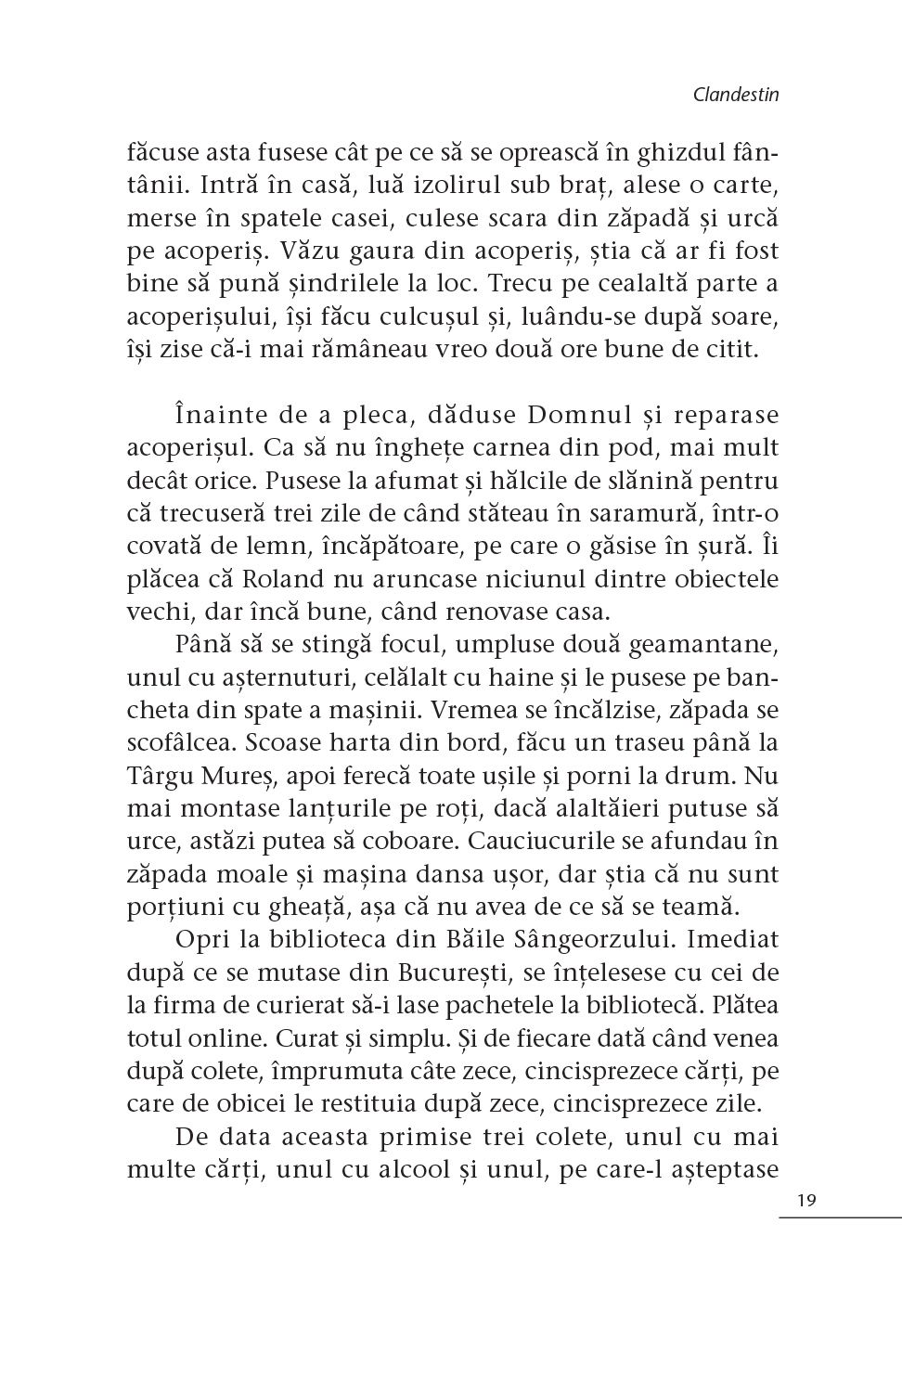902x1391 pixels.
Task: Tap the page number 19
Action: tap(805, 1201)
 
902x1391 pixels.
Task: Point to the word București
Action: tap(454, 973)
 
